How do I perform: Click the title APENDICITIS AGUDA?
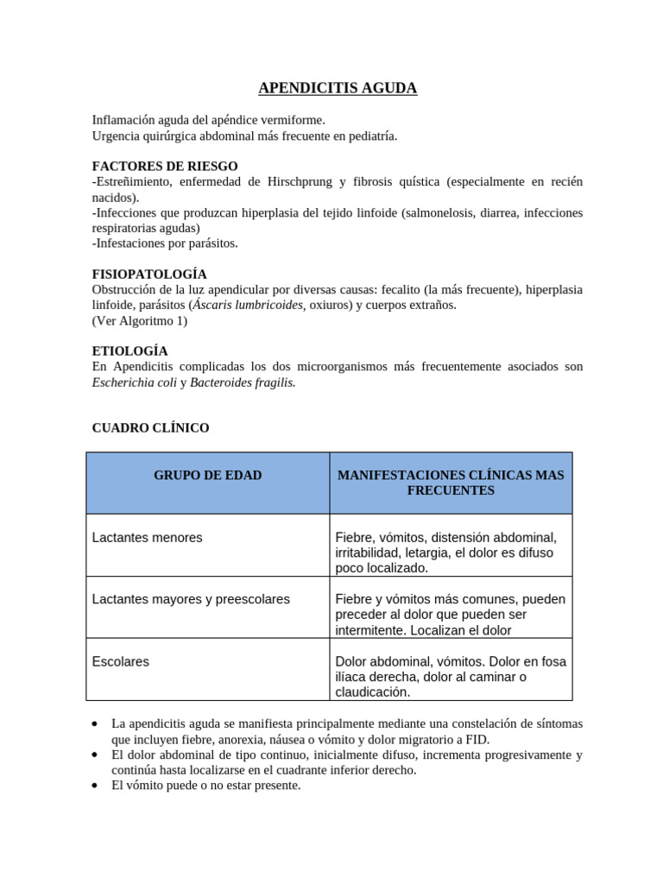pyautogui.click(x=338, y=88)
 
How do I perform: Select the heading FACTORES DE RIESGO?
pyautogui.click(x=165, y=166)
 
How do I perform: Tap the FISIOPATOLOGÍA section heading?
pyautogui.click(x=149, y=274)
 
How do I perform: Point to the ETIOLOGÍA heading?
pyautogui.click(x=129, y=351)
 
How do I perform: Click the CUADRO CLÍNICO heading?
pyautogui.click(x=150, y=427)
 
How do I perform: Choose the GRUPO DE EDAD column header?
pyautogui.click(x=207, y=476)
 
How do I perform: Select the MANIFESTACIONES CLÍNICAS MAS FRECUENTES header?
pyautogui.click(x=450, y=483)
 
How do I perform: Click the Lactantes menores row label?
pyautogui.click(x=147, y=538)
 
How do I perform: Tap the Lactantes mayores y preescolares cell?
pyautogui.click(x=191, y=599)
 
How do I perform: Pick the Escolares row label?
pyautogui.click(x=120, y=661)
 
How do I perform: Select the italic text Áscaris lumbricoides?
pyautogui.click(x=248, y=305)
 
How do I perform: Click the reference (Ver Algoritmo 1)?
pyautogui.click(x=139, y=320)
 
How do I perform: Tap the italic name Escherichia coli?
pyautogui.click(x=134, y=382)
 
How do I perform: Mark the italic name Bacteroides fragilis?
pyautogui.click(x=243, y=382)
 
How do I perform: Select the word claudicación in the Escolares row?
pyautogui.click(x=372, y=692)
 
